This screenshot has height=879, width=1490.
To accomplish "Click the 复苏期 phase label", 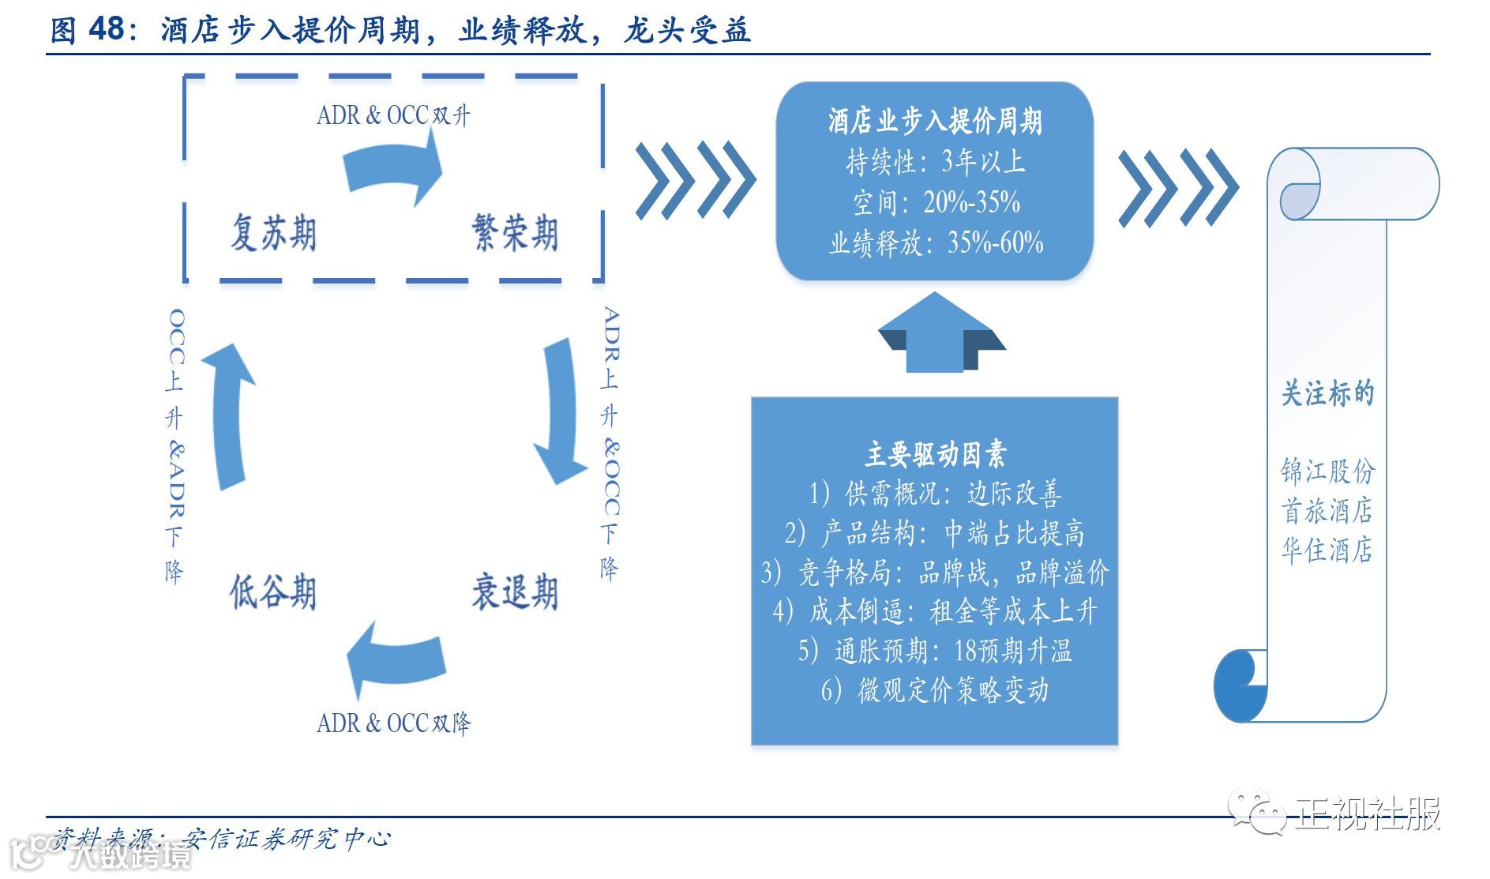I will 273,233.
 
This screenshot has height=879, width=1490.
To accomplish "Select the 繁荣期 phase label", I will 515,233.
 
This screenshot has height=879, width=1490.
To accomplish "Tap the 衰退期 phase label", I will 515,592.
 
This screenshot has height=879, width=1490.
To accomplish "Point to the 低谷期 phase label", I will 273,592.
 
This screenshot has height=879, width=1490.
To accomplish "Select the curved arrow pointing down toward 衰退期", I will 562,411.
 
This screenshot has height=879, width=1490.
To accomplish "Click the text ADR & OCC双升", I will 393,115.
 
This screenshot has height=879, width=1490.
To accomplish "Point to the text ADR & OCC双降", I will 393,723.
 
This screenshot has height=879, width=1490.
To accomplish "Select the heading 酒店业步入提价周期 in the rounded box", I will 935,122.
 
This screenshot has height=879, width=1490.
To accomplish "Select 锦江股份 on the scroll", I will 1327,471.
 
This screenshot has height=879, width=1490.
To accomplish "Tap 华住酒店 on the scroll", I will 1327,550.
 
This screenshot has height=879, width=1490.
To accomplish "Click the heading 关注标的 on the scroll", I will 1327,393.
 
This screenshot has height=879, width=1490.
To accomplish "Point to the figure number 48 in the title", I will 106,29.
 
